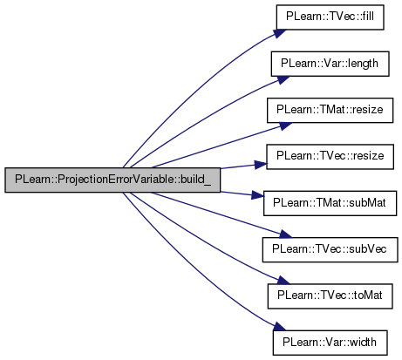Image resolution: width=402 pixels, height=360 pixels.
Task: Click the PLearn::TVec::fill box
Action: click(330, 17)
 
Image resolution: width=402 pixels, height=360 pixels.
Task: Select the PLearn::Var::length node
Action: click(330, 64)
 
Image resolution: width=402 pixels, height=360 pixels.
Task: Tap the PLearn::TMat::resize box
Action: click(330, 111)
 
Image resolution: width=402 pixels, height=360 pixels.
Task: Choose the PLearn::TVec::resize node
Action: click(330, 157)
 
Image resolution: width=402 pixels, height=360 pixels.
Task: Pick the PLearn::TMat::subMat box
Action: click(330, 203)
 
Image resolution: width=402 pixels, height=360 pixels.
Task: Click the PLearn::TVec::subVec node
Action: click(330, 249)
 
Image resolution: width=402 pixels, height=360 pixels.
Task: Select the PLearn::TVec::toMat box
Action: click(330, 296)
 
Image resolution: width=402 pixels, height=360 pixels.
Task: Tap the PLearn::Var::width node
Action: click(330, 343)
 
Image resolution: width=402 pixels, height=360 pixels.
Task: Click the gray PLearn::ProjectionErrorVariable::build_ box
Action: click(112, 180)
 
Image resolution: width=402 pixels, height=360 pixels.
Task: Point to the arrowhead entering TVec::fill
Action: click(280, 33)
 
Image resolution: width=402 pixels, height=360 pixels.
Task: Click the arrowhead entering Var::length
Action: click(283, 79)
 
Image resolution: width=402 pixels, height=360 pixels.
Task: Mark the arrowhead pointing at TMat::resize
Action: click(285, 126)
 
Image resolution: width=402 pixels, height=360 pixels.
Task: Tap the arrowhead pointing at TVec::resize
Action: click(261, 165)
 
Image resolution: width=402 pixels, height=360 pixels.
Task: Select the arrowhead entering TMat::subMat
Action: click(258, 195)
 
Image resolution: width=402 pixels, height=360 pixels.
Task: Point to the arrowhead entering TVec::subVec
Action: click(284, 234)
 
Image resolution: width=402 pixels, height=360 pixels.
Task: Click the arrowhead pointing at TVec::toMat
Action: click(283, 281)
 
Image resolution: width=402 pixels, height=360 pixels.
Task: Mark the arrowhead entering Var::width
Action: click(280, 326)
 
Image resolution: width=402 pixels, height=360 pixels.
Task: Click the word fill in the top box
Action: click(368, 17)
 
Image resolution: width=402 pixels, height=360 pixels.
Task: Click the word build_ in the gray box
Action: click(195, 180)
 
